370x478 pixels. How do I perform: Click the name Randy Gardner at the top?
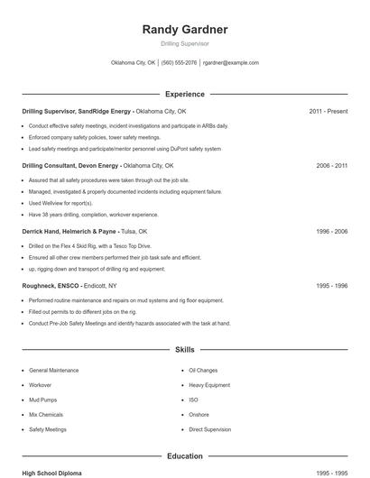click(184, 30)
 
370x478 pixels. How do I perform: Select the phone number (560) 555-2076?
click(179, 63)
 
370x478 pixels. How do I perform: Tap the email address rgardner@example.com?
click(230, 63)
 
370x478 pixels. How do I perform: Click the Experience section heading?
click(184, 94)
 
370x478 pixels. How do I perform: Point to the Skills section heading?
click(184, 349)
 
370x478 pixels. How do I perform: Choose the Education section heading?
click(184, 456)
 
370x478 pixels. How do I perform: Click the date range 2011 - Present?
click(328, 111)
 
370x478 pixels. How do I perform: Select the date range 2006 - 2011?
click(331, 166)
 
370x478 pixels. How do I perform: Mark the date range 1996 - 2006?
click(331, 231)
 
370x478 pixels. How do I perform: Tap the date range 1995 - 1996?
click(331, 286)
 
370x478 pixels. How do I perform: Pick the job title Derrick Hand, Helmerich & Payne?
click(76, 231)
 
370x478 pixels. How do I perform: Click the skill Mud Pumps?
click(42, 400)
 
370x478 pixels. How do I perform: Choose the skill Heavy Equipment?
click(209, 385)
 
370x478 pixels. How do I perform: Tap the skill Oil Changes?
click(203, 371)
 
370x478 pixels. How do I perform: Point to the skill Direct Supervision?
click(210, 429)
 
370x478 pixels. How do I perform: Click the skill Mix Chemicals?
click(46, 415)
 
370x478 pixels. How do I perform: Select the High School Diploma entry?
click(53, 473)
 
